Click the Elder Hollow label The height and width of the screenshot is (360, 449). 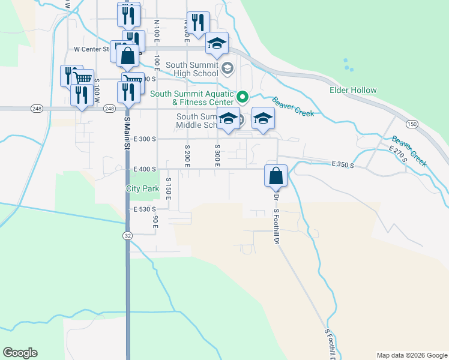point(353,91)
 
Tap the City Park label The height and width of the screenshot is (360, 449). point(142,188)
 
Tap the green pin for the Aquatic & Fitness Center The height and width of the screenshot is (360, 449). point(243,96)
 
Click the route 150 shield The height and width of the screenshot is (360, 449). point(411,124)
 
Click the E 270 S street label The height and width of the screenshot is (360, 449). point(397,154)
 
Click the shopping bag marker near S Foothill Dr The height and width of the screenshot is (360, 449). point(276,176)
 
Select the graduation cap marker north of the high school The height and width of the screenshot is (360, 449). point(217,44)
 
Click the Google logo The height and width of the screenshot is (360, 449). point(20,353)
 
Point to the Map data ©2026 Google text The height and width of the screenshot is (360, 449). point(411,355)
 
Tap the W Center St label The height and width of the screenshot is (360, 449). point(91,49)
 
